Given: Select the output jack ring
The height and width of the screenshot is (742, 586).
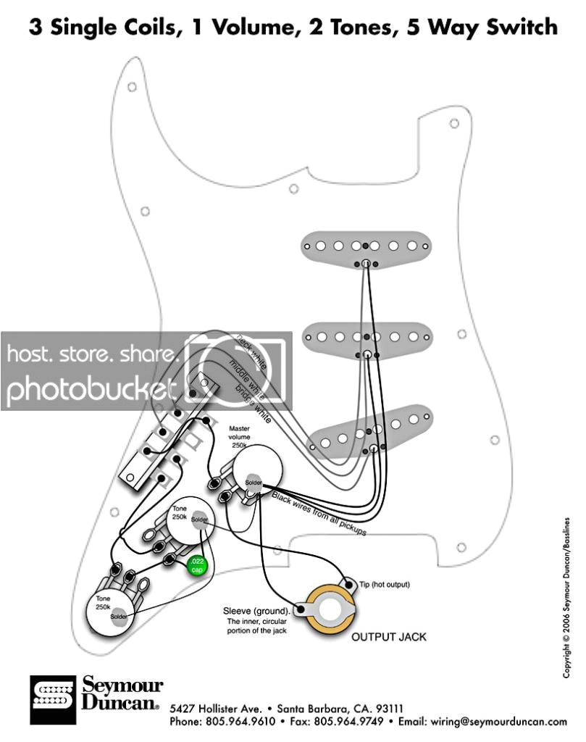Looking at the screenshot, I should click(331, 607).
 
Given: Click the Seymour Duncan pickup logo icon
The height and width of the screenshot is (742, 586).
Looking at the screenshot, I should click(52, 701).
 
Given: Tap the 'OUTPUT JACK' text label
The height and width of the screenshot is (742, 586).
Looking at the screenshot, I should click(389, 637).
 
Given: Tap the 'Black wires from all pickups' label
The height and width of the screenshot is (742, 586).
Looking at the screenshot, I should click(319, 514).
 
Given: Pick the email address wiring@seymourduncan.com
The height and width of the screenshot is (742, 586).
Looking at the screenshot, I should click(506, 722).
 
